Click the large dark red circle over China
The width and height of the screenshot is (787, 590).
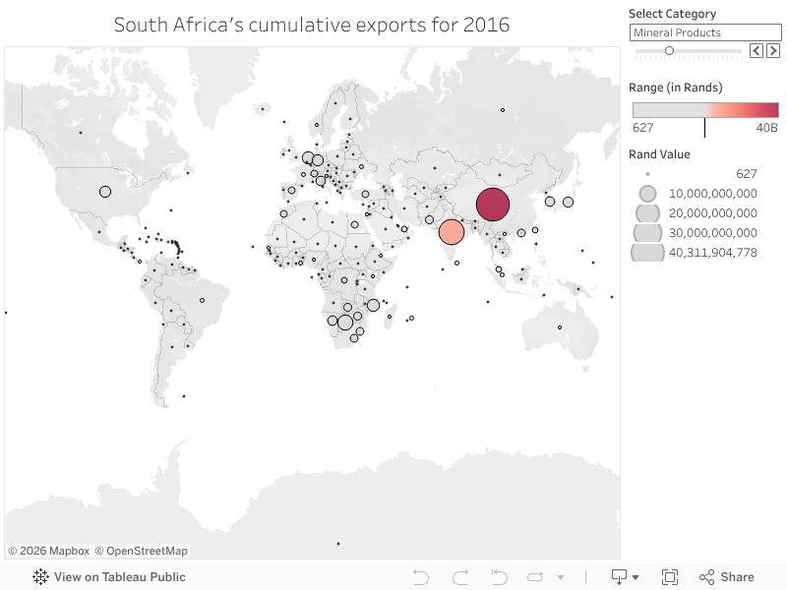coord(492,205)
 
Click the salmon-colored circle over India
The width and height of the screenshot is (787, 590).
coord(451,232)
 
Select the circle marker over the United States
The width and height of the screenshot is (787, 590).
coord(105,192)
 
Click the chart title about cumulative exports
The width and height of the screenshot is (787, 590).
coord(312,25)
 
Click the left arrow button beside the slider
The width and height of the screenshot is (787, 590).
coord(757,50)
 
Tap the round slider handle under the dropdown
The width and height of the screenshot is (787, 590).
coord(669,50)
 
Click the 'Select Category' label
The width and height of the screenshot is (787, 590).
coord(672,14)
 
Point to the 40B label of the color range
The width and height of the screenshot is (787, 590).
coord(767,128)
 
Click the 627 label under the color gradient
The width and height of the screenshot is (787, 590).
coord(643,128)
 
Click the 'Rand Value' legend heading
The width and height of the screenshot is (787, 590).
coord(659,154)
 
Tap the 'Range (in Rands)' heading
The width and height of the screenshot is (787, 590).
coord(676,88)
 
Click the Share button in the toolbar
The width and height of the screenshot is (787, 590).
coord(727,577)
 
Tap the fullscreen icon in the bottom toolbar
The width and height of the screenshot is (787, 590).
coord(670,577)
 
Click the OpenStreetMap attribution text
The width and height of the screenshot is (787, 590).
coord(141,551)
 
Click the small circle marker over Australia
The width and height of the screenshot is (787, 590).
coord(560,327)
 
